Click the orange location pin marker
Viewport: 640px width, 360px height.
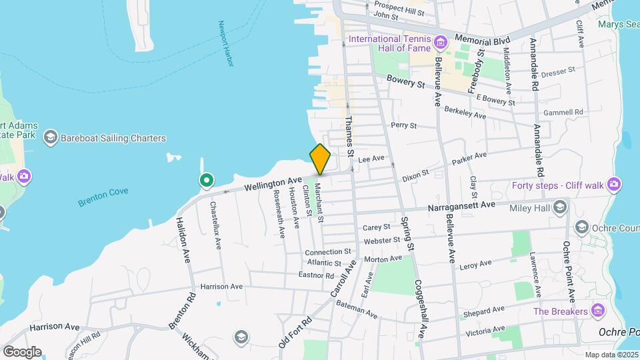(320, 159)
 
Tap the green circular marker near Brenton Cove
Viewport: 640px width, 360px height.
(207, 180)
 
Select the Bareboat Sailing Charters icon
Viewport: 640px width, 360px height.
(49, 138)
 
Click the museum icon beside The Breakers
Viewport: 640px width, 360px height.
(598, 311)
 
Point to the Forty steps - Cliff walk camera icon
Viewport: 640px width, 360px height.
(614, 183)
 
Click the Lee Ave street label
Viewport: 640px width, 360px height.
(372, 159)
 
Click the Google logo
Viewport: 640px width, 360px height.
(22, 351)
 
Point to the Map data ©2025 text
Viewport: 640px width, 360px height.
(610, 355)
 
